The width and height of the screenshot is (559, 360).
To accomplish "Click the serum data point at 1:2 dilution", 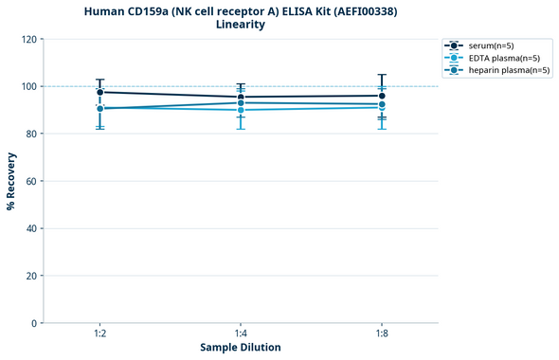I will pyautogui.click(x=99, y=92).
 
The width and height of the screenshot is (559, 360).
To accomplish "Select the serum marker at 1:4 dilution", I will pyautogui.click(x=241, y=97).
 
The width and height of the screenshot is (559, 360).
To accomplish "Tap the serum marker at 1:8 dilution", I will pyautogui.click(x=382, y=96).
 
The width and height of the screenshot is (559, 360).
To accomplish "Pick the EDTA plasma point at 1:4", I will pyautogui.click(x=241, y=110).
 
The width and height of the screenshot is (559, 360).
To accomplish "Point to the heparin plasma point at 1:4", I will pyautogui.click(x=241, y=102).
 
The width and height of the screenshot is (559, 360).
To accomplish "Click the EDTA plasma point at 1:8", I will pyautogui.click(x=382, y=107).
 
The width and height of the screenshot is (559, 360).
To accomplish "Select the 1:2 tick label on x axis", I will pyautogui.click(x=99, y=333).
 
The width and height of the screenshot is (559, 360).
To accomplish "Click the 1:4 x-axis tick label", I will pyautogui.click(x=241, y=333).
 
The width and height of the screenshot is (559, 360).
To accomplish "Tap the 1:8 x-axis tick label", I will pyautogui.click(x=382, y=333).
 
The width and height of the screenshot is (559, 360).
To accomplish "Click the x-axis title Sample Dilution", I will pyautogui.click(x=241, y=348).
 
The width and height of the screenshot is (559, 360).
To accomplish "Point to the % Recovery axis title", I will pyautogui.click(x=10, y=181).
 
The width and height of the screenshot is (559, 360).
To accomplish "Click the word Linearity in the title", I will pyautogui.click(x=241, y=25).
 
